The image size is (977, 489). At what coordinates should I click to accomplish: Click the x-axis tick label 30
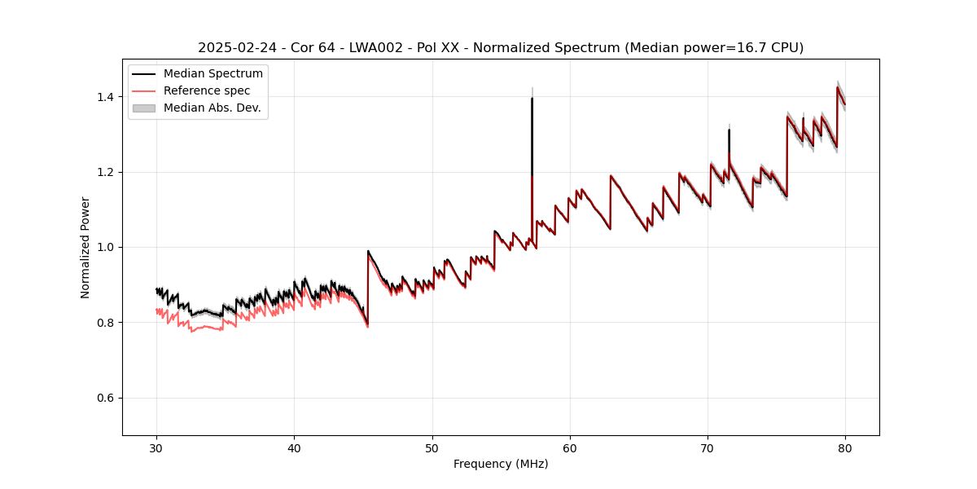tap(156, 447)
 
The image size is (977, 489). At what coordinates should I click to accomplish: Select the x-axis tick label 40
tap(294, 447)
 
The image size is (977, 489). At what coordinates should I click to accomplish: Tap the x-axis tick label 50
tap(432, 447)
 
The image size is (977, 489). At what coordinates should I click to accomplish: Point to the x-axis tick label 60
tap(570, 447)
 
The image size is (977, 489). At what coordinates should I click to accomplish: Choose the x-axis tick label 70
tap(708, 447)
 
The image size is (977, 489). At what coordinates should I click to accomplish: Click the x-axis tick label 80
tap(845, 447)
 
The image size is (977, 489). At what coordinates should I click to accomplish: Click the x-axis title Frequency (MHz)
tap(501, 464)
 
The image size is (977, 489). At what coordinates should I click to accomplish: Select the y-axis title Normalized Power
tap(85, 247)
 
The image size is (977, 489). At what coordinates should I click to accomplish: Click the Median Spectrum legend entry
tap(212, 74)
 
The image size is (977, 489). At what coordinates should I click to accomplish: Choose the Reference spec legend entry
tap(207, 90)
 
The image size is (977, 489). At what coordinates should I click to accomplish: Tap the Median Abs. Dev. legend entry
tap(212, 108)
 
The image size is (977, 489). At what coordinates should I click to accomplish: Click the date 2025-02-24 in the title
tap(234, 48)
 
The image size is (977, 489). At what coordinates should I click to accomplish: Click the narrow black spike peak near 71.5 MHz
tap(729, 130)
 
